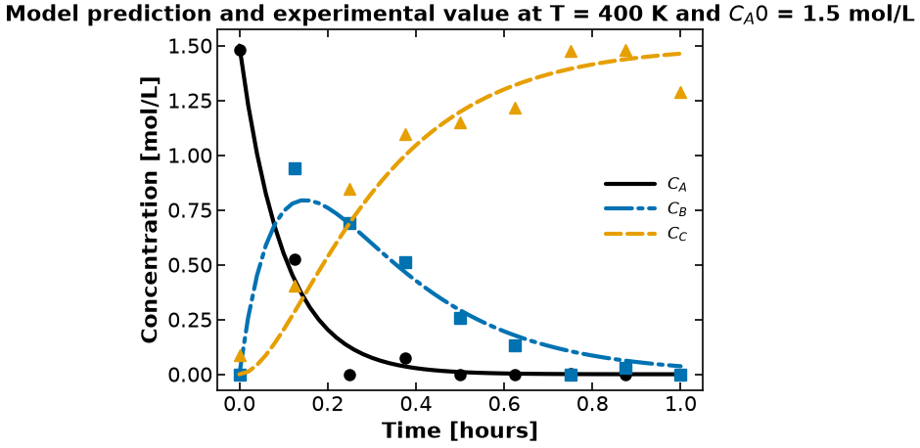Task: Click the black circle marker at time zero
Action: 240,51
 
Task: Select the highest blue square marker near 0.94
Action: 296,169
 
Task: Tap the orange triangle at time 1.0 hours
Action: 680,93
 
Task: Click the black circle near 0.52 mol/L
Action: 296,259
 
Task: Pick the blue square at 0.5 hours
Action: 460,318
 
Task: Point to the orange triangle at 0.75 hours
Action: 571,52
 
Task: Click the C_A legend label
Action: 676,185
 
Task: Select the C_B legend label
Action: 676,209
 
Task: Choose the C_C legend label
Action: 676,234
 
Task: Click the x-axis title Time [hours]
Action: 459,431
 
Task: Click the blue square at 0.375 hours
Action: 405,262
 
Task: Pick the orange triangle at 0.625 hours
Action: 515,109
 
